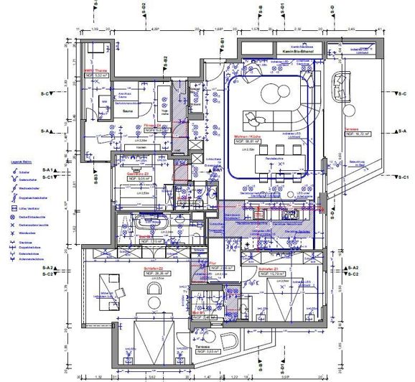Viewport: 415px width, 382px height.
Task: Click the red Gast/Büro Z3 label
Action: tap(136, 174)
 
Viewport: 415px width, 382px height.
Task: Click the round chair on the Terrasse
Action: tap(337, 90)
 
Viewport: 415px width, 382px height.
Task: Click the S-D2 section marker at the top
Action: tap(143, 9)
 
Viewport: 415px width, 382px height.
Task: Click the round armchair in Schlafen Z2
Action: tap(154, 288)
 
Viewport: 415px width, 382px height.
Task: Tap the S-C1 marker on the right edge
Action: tap(403, 177)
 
